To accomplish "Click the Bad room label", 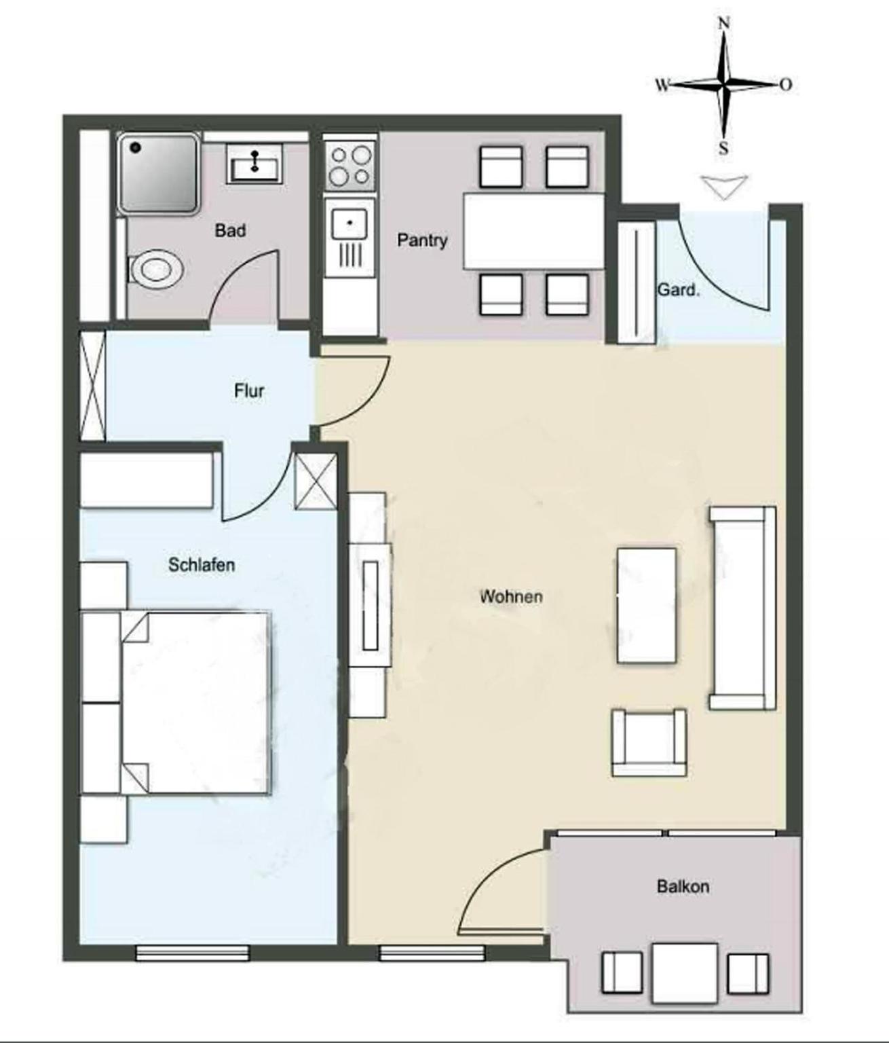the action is pyautogui.click(x=231, y=231).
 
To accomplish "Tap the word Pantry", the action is pyautogui.click(x=422, y=240).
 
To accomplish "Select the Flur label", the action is pyautogui.click(x=249, y=390).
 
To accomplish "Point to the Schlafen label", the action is pyautogui.click(x=202, y=565).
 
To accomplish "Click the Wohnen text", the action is pyautogui.click(x=511, y=597).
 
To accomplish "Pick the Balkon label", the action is pyautogui.click(x=683, y=887).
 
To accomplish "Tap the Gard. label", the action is pyautogui.click(x=678, y=290).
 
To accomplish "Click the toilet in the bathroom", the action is pyautogui.click(x=156, y=268).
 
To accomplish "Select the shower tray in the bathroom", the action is pyautogui.click(x=158, y=173).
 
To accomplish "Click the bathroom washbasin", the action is pyautogui.click(x=254, y=162).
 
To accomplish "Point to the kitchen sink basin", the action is pyautogui.click(x=349, y=223).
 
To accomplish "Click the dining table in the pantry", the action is pyautogui.click(x=533, y=231).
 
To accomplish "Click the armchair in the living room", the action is pyautogui.click(x=649, y=742).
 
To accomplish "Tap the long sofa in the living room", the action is pyautogui.click(x=742, y=608).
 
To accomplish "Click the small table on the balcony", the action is pyautogui.click(x=685, y=973).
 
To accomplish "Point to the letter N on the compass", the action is pyautogui.click(x=724, y=23).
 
